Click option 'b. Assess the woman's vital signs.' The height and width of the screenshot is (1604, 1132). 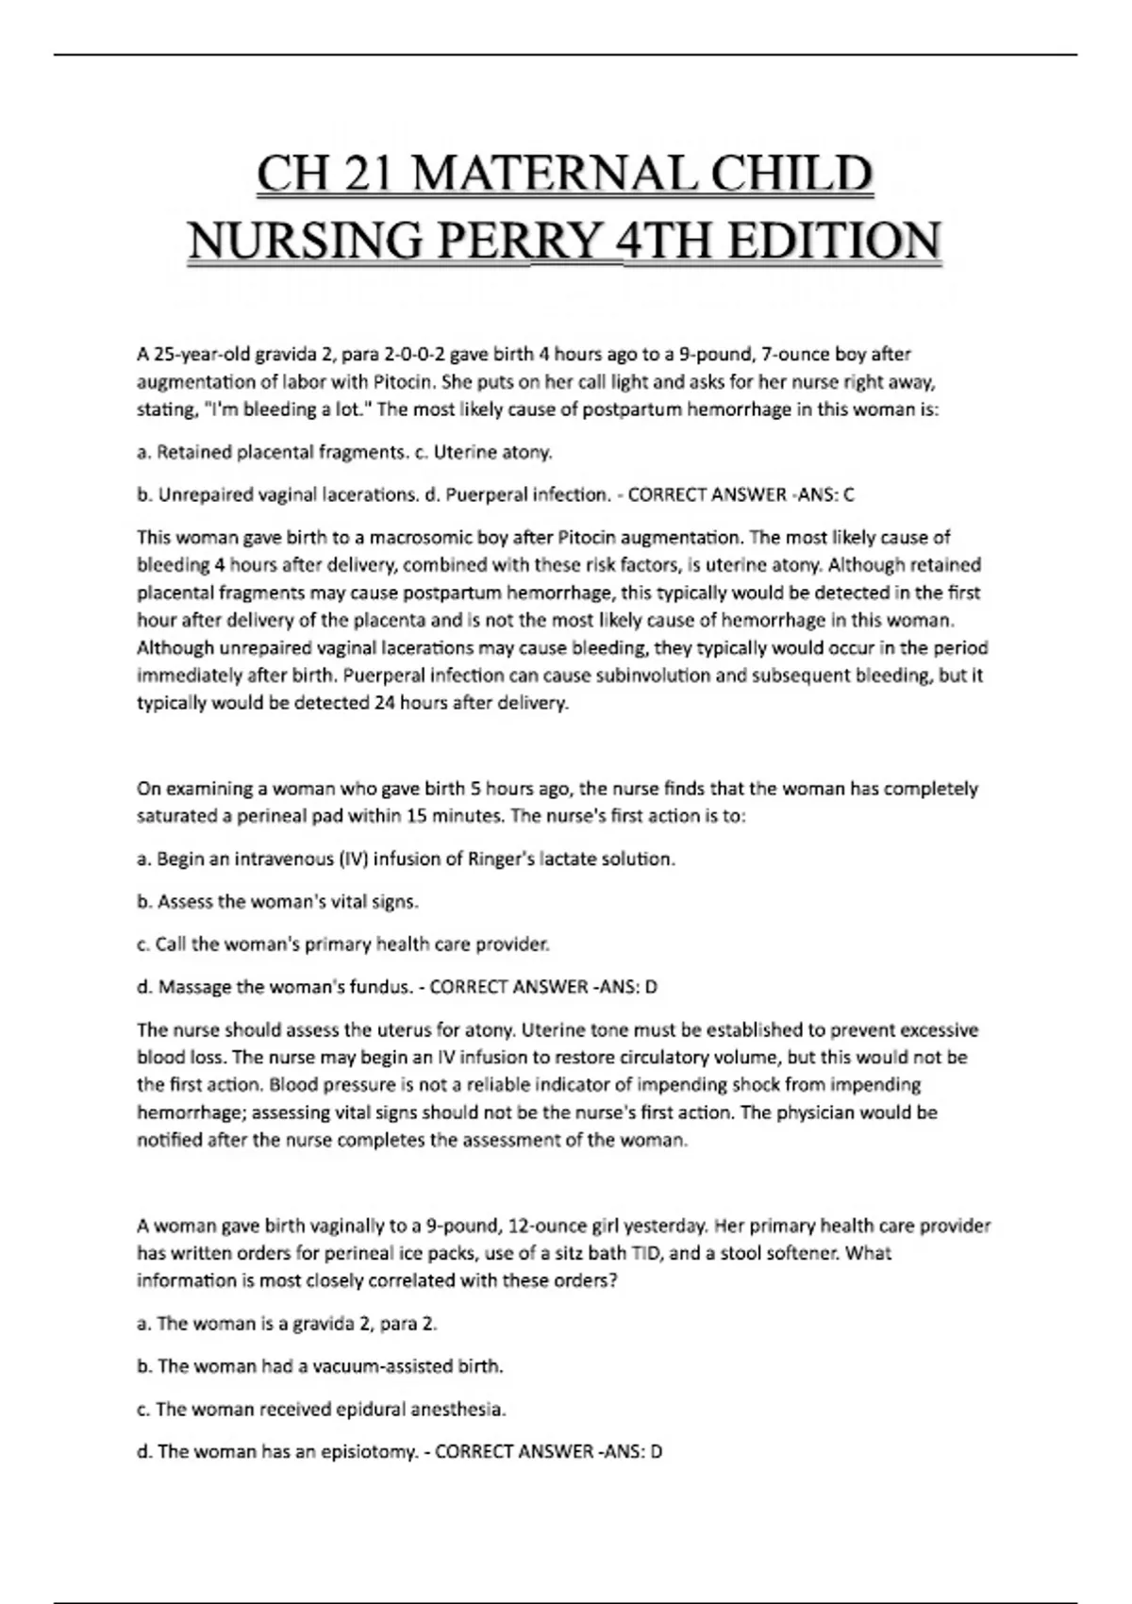[277, 902]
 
